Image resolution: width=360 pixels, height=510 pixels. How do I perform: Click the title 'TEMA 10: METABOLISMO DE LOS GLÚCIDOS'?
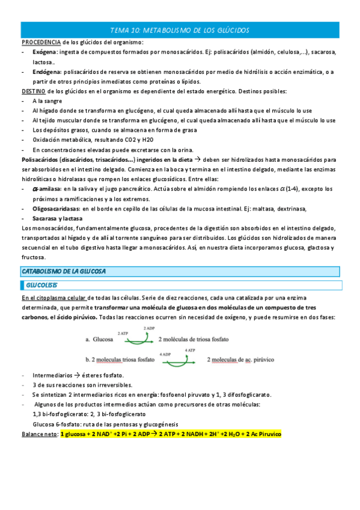(180, 30)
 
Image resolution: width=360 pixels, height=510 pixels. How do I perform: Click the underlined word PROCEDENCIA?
(40, 42)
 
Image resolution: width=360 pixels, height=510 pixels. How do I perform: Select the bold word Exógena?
(46, 52)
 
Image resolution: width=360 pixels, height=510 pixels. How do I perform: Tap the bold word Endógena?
(48, 72)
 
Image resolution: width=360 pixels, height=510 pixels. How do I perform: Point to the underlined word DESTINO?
(34, 91)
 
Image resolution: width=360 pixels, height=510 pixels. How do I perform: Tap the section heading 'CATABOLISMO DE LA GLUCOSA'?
(63, 271)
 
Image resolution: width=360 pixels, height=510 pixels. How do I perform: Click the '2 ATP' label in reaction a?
(123, 333)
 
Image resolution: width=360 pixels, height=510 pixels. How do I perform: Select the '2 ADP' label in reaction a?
(150, 328)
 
